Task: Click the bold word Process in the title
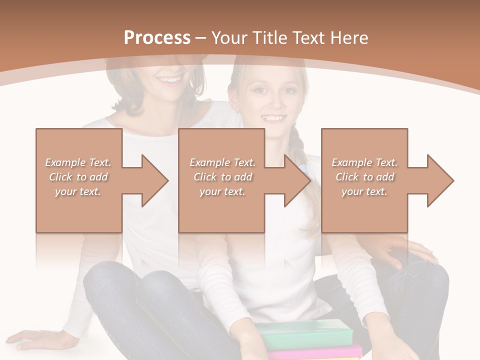tap(157, 38)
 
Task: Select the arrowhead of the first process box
tap(152, 180)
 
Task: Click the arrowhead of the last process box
tap(438, 180)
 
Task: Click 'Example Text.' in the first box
tap(78, 162)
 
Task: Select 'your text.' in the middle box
tap(222, 191)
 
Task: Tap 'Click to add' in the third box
tap(364, 177)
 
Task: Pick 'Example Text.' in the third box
tap(364, 162)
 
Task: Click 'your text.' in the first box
tap(78, 191)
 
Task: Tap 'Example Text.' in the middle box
tap(222, 162)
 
